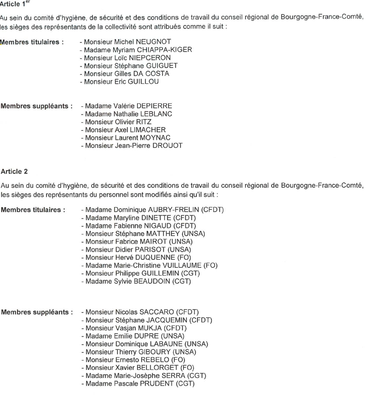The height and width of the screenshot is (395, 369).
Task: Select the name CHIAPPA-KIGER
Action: point(163,51)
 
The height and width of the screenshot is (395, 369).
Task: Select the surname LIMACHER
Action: point(148,129)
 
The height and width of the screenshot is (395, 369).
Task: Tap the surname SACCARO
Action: point(152,313)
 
